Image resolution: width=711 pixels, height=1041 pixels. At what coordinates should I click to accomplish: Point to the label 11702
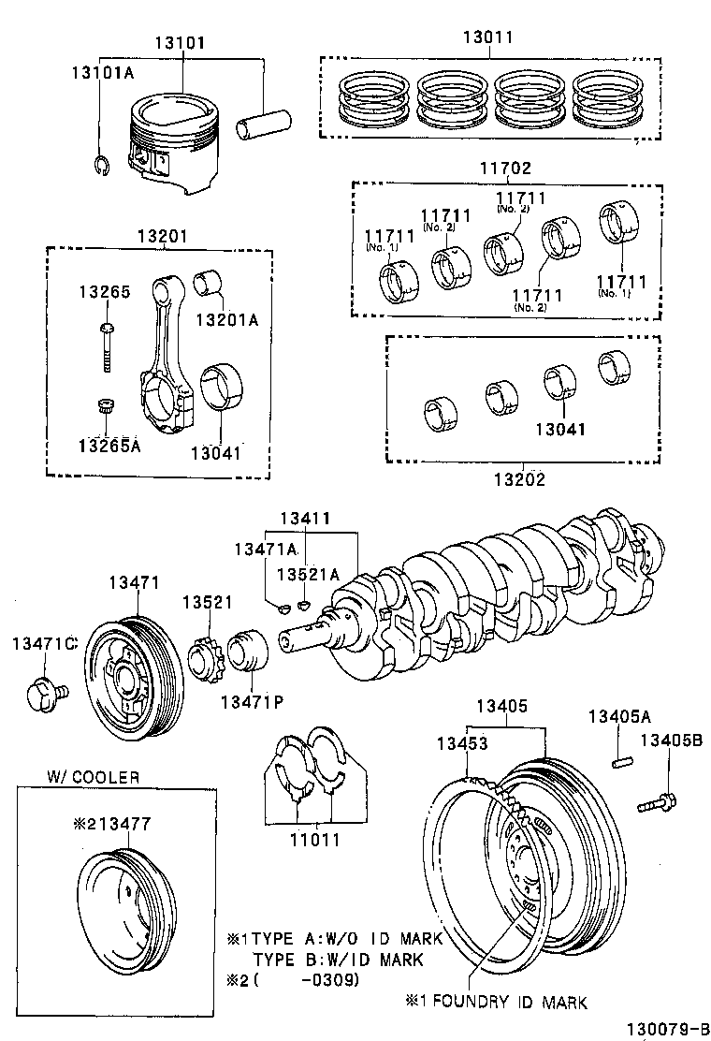(x=505, y=169)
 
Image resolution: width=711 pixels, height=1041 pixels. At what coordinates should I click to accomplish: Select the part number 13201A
(x=225, y=320)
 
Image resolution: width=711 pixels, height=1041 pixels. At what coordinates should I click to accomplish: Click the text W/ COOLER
(x=94, y=776)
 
